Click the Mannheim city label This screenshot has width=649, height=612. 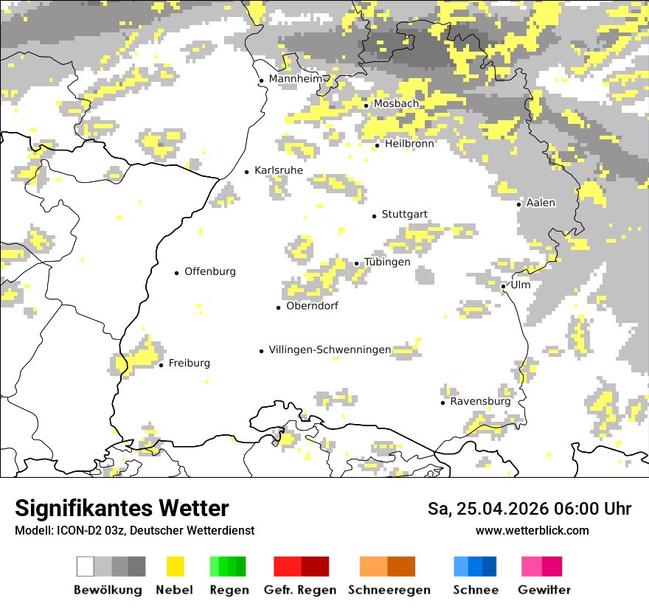(296, 79)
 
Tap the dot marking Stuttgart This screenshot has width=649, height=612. (375, 216)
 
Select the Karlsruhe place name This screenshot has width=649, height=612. (278, 170)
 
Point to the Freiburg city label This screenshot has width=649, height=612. (189, 363)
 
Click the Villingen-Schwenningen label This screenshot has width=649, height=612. (330, 350)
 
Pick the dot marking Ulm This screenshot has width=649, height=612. (503, 286)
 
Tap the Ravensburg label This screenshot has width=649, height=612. (480, 402)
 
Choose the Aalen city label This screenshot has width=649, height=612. (541, 203)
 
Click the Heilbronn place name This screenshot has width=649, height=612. (409, 144)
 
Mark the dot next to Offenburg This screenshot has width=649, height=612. (177, 273)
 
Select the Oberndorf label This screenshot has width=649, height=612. (312, 306)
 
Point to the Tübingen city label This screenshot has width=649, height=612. (387, 262)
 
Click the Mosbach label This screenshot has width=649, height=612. (396, 104)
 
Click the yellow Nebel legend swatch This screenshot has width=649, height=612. (176, 566)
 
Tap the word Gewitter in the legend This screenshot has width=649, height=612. (544, 590)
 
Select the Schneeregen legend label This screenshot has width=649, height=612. (389, 590)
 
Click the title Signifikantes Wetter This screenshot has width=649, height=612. (122, 508)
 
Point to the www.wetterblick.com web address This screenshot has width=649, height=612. (532, 530)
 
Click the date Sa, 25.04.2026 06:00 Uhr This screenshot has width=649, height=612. (530, 509)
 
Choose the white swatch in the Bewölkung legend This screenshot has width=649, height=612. (86, 566)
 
